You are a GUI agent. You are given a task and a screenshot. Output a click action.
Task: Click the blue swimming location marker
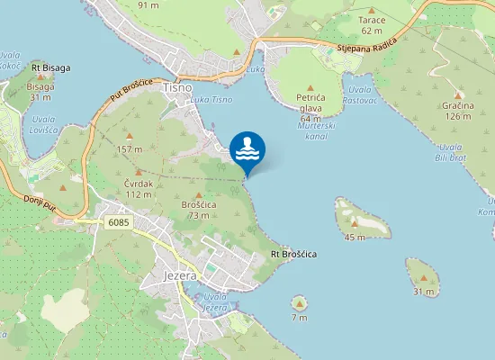point(247,150)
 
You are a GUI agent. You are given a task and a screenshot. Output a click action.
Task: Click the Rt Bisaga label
point(50,67)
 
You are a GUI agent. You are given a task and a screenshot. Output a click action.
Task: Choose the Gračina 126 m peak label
point(457,110)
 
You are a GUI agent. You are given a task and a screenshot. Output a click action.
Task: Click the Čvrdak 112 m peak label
point(138,188)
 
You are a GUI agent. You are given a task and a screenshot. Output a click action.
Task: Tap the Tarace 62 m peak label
point(372,25)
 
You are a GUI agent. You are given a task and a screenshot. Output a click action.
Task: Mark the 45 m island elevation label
point(355,237)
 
